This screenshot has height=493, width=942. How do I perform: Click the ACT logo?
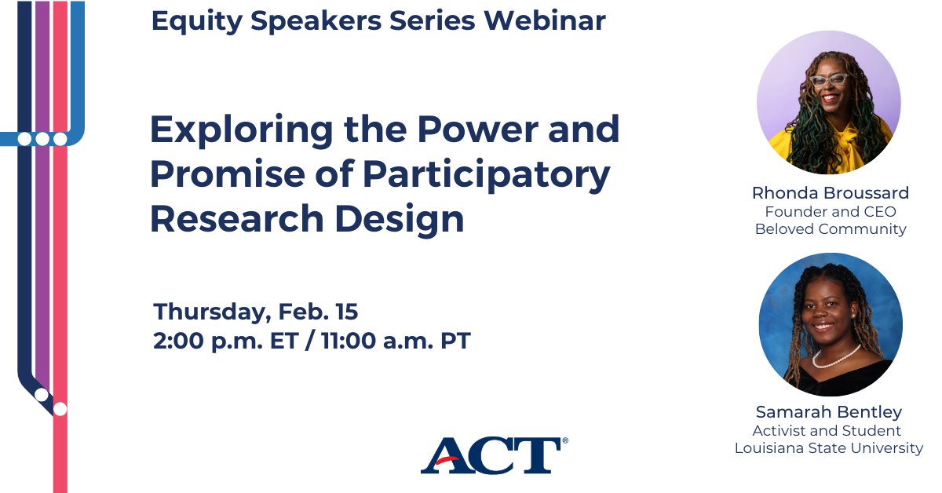tap(493, 455)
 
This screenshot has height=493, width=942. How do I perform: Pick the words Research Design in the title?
tap(307, 219)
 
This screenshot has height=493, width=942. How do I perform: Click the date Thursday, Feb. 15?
tap(256, 312)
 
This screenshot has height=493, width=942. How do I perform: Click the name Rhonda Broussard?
tap(830, 193)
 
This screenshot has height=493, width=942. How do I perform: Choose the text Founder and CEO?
tap(830, 212)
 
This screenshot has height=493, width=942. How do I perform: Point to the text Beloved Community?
tap(830, 229)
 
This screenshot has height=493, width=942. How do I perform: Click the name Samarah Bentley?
tap(829, 412)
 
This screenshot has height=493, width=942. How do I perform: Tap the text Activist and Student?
tap(827, 431)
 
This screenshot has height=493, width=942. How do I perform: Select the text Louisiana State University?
tap(828, 448)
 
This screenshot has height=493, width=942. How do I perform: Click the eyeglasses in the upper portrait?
tap(829, 79)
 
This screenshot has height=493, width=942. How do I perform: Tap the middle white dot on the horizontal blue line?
tap(42, 139)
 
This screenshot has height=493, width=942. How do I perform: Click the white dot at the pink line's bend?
tap(60, 408)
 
